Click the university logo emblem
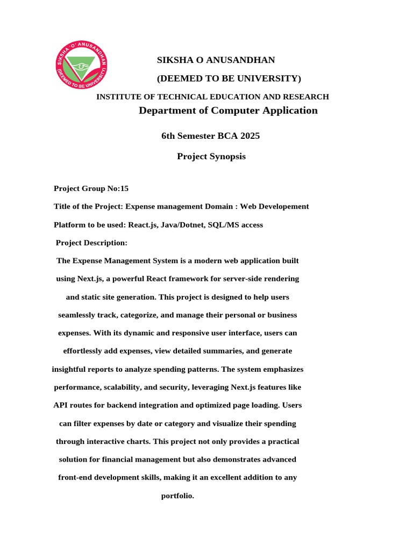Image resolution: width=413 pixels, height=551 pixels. tap(82, 66)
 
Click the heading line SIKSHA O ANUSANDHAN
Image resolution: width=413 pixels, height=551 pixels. tap(216, 60)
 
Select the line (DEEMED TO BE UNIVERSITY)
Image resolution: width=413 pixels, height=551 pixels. tap(229, 79)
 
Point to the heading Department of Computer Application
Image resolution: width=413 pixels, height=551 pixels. tap(228, 111)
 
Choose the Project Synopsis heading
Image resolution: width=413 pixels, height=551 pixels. tap(211, 157)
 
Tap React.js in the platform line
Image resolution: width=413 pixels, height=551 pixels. tap(144, 225)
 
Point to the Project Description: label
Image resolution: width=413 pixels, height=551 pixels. tap(91, 243)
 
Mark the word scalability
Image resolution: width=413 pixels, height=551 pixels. tap(124, 387)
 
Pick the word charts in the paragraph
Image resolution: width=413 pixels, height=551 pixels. tap(137, 442)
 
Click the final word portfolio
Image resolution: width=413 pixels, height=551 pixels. tap(177, 496)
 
